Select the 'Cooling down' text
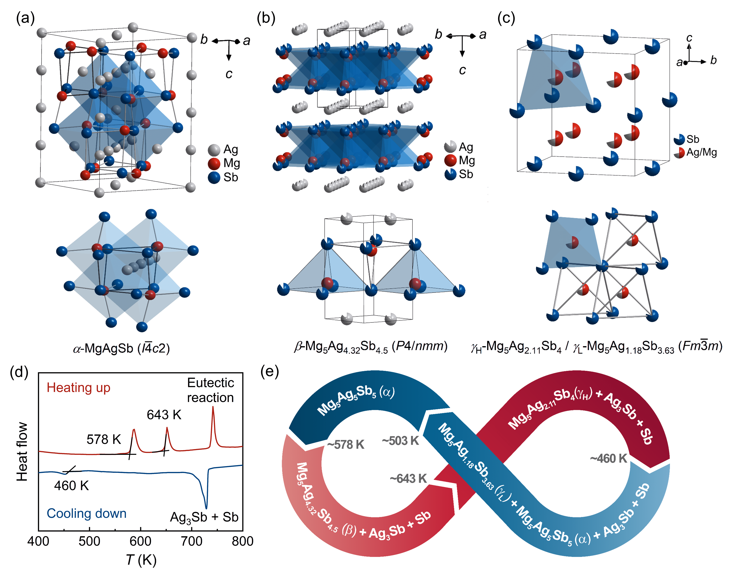86,513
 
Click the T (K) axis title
141,560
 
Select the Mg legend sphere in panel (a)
214,163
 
